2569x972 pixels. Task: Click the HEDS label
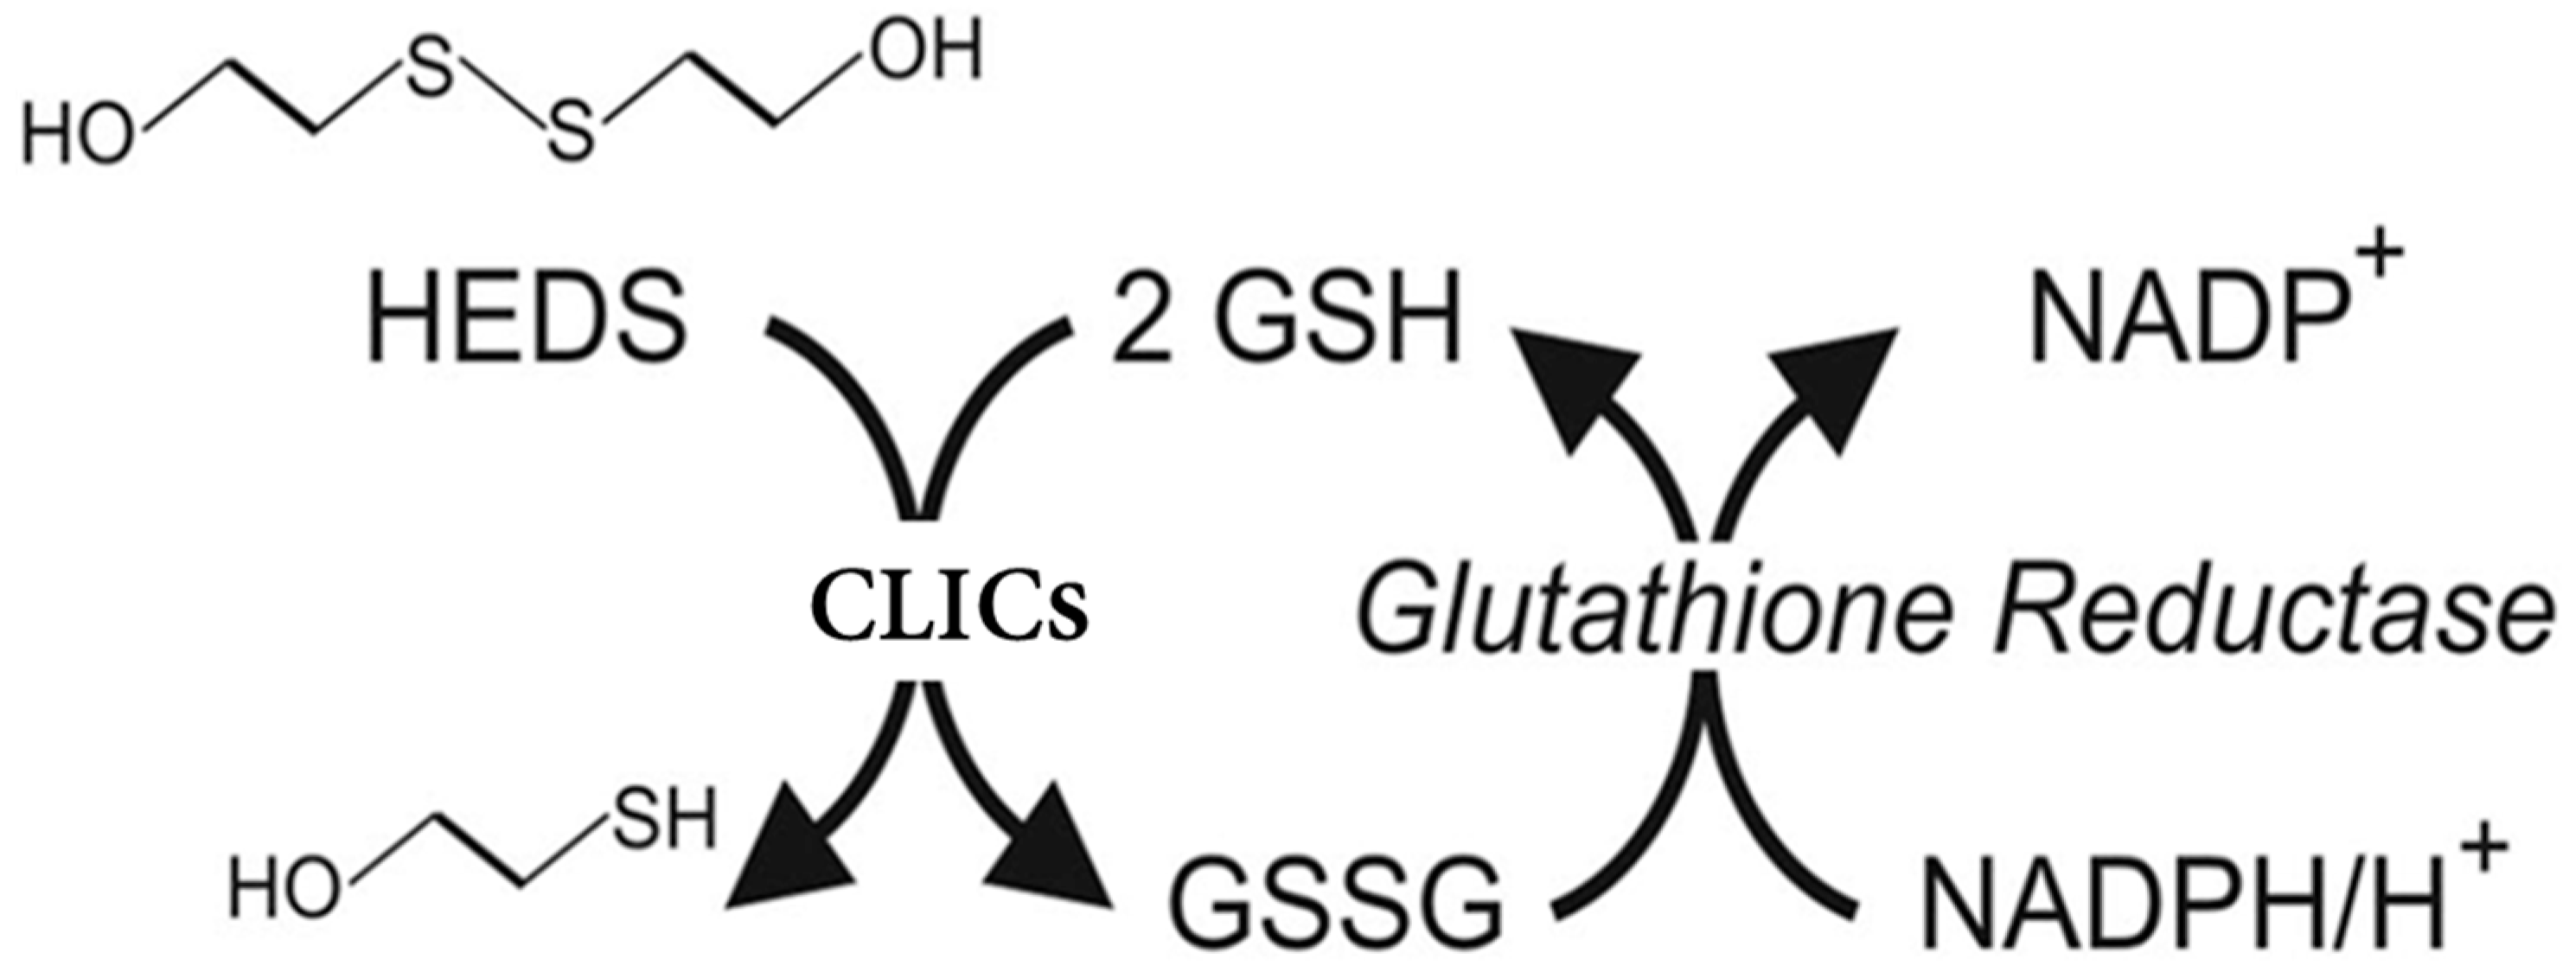click(x=527, y=321)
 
